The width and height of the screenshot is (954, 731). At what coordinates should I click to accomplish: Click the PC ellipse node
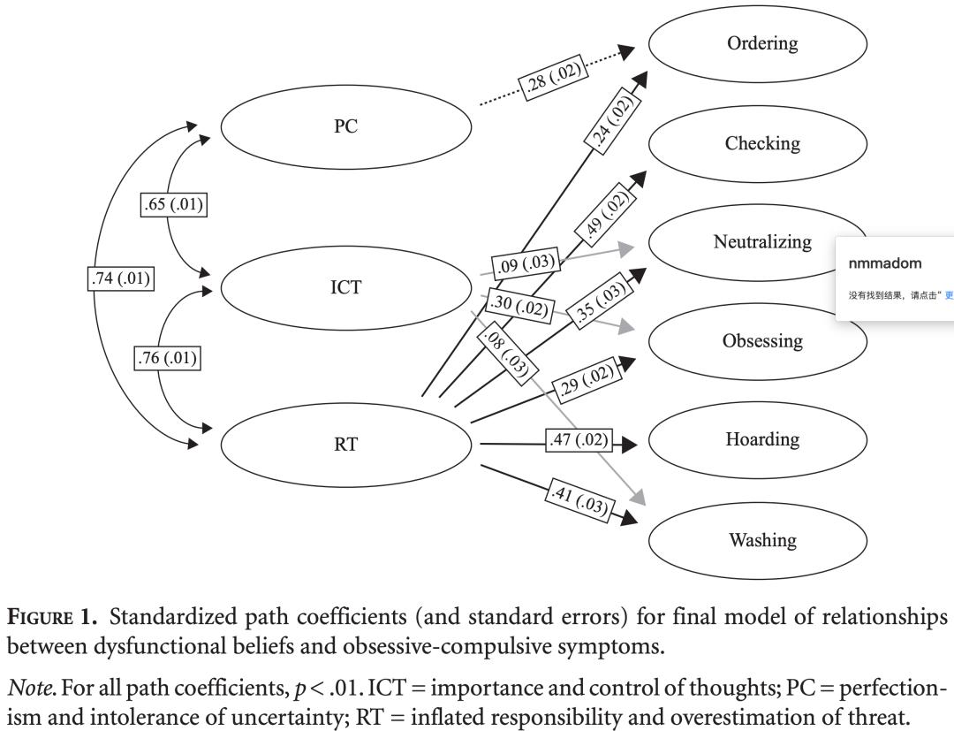pos(345,127)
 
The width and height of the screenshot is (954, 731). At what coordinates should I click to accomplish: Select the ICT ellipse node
pos(345,287)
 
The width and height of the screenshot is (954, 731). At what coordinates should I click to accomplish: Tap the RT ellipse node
pos(345,445)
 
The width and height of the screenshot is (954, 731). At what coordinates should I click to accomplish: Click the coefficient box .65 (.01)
pos(172,205)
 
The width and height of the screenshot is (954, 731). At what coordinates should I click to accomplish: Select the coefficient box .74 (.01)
pos(121,278)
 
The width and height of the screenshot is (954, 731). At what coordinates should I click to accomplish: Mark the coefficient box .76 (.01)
pos(166,359)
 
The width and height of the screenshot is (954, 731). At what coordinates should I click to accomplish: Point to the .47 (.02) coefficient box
pos(578,440)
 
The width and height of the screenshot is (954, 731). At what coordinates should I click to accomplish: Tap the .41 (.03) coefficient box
pos(579,500)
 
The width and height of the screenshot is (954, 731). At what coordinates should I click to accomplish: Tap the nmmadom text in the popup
pos(884,263)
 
